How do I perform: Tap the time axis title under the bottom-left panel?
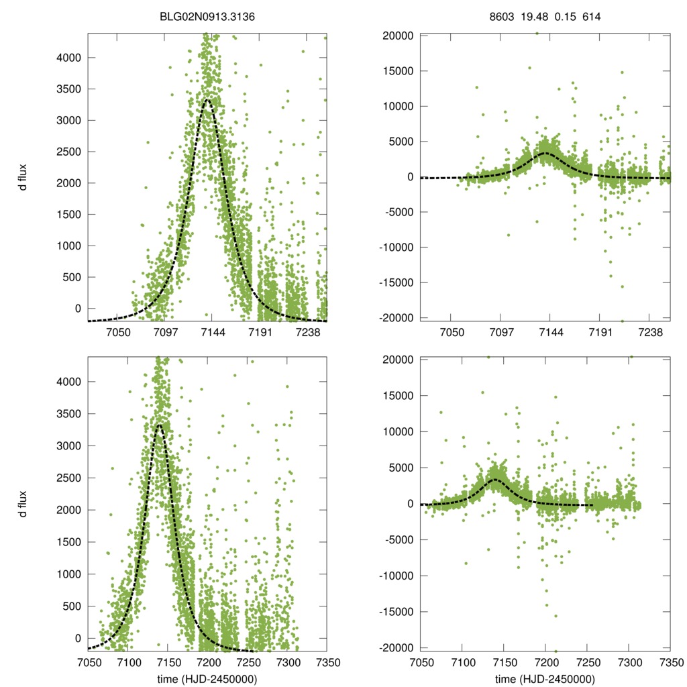pos(207,679)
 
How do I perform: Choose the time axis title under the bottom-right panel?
pos(545,679)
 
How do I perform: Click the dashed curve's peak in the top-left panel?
pos(208,100)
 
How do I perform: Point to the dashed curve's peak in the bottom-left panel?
pos(159,424)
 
